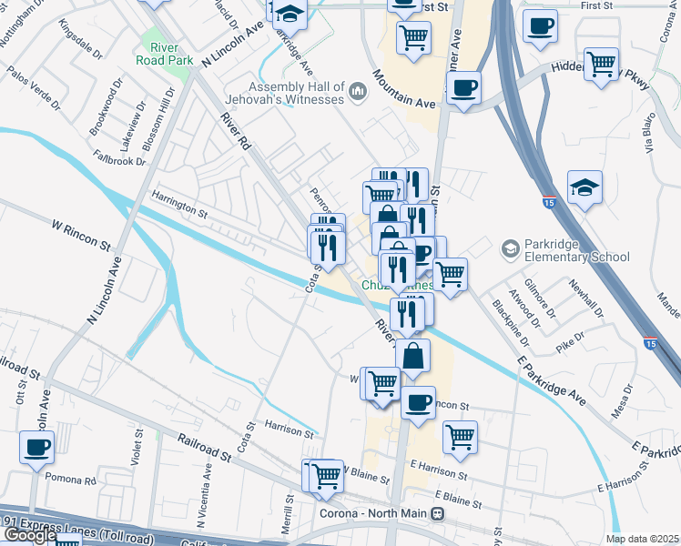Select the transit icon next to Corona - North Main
pyautogui.click(x=438, y=513)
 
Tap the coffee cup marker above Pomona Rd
pyautogui.click(x=37, y=447)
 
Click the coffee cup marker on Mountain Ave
pyautogui.click(x=464, y=87)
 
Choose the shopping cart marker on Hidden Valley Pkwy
pyautogui.click(x=601, y=64)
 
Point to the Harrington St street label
pyautogui.click(x=179, y=210)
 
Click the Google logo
pyautogui.click(x=29, y=536)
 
